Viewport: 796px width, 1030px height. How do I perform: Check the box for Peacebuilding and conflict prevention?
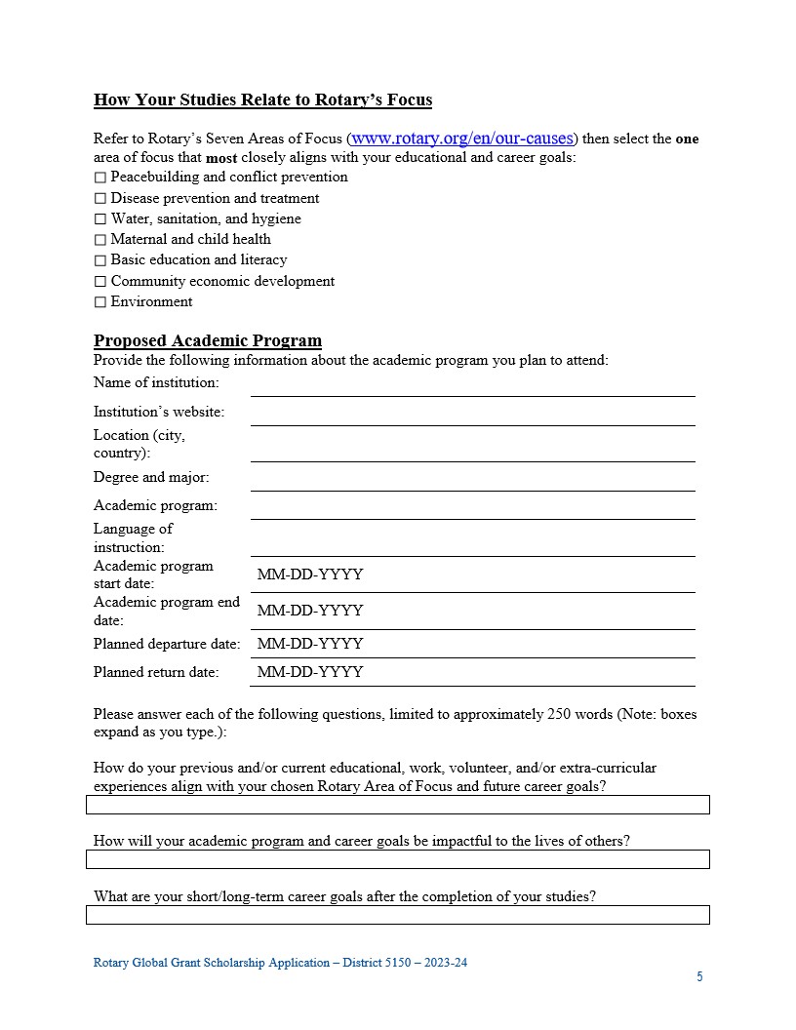click(99, 178)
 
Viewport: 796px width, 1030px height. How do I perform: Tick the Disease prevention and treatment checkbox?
click(99, 199)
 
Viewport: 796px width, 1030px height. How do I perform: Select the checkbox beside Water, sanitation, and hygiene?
click(99, 219)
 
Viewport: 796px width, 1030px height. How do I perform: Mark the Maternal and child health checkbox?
click(99, 240)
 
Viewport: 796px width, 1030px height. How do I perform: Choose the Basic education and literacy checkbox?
click(99, 260)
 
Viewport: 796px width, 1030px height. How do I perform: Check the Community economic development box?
click(99, 282)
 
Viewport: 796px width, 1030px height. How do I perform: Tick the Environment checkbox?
click(99, 302)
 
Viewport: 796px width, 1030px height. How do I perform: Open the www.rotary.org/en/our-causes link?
click(463, 138)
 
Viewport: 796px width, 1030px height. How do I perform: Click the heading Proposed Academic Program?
click(208, 340)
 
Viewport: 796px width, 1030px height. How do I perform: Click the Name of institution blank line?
click(473, 385)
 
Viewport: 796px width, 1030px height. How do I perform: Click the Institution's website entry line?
click(473, 415)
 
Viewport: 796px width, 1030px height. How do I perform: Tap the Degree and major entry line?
click(473, 480)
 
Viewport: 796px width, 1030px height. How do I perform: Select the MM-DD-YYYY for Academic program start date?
click(310, 574)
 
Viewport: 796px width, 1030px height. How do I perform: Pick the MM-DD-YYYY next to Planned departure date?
click(310, 644)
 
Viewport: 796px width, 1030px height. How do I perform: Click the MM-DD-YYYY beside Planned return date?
click(310, 672)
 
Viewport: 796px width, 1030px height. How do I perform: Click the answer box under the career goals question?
click(398, 914)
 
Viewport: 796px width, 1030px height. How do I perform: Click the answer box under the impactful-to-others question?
click(398, 858)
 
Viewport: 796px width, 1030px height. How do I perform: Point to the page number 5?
click(699, 976)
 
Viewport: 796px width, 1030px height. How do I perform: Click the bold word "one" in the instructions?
click(687, 139)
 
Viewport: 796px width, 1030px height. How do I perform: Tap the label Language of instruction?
click(133, 537)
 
